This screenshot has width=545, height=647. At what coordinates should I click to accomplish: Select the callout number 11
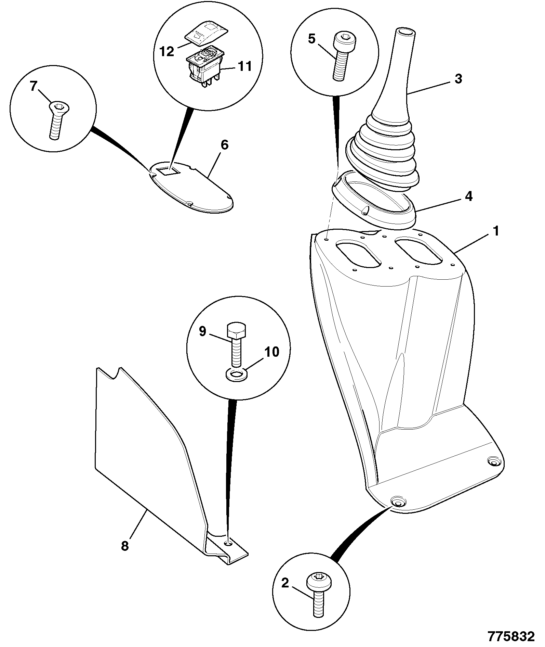pos(244,66)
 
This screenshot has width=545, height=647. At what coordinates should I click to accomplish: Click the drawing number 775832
pos(511,636)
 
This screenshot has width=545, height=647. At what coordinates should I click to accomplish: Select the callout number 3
pos(458,79)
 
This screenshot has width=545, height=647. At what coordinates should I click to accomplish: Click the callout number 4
pos(468,196)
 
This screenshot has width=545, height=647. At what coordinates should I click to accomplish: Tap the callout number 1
pos(495,231)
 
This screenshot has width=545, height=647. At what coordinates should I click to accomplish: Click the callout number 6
pos(224,145)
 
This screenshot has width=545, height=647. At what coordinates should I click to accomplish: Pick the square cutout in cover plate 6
pos(170,170)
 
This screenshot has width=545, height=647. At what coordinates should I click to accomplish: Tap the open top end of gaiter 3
pos(406,32)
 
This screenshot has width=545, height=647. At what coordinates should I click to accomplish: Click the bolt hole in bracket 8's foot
pos(228,543)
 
